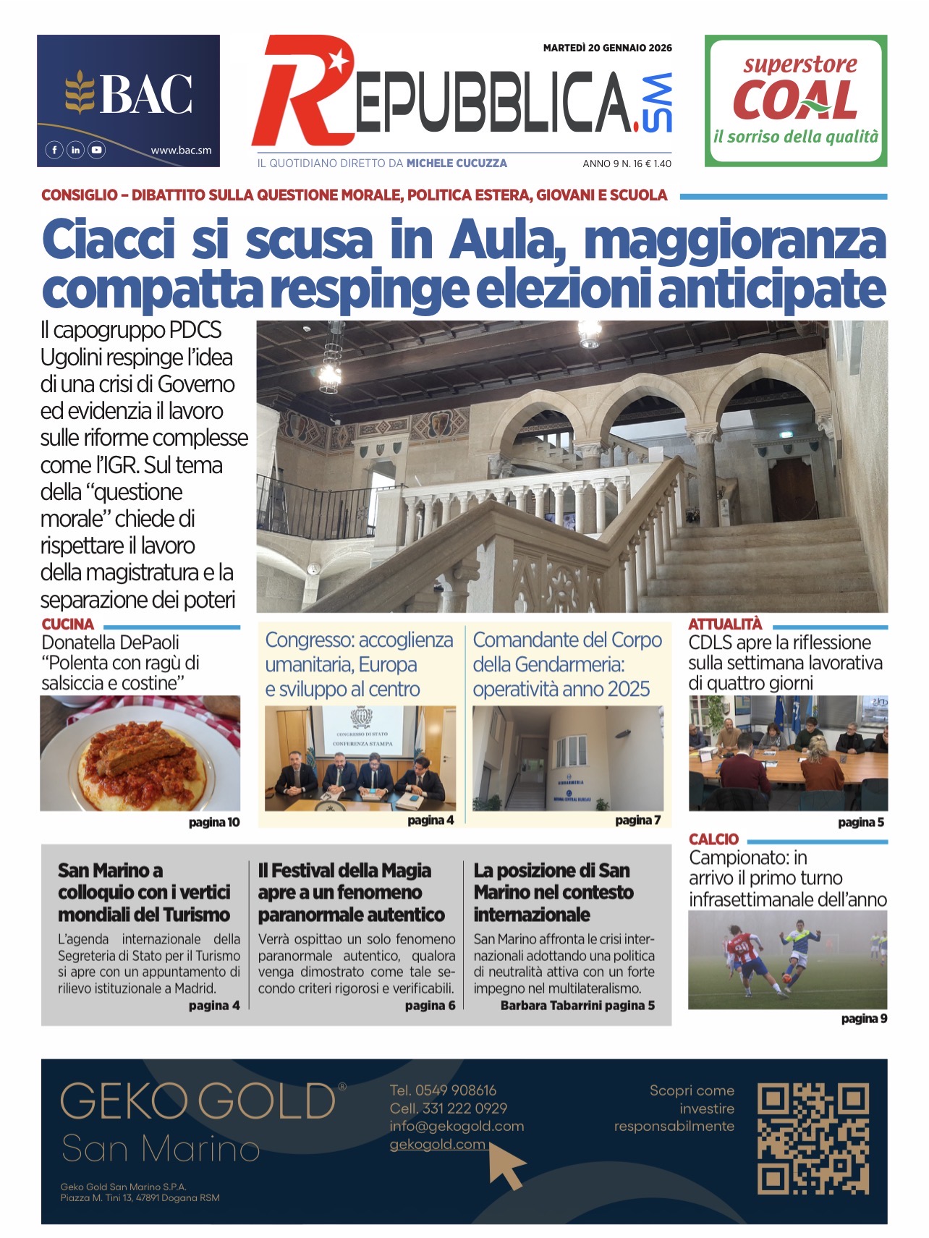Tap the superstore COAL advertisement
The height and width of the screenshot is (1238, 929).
795,101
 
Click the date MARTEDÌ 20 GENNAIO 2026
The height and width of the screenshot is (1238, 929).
607,48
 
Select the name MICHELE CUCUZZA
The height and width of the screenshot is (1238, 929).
457,164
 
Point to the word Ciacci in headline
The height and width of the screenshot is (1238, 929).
109,239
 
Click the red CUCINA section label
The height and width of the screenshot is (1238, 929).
67,624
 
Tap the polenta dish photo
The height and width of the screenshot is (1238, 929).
140,753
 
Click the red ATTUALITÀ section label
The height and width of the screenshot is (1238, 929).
725,624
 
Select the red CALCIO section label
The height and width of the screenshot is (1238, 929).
713,839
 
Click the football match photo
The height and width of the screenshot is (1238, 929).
787,959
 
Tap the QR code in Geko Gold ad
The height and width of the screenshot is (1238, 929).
813,1138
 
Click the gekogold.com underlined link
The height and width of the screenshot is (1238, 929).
437,1145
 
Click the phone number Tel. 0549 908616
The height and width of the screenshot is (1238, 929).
443,1090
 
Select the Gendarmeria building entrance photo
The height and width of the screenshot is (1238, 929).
567,758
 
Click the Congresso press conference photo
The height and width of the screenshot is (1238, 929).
360,758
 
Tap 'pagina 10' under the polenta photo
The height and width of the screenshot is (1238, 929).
213,823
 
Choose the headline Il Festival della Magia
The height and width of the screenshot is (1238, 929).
344,870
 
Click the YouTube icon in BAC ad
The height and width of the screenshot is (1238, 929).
96,150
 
